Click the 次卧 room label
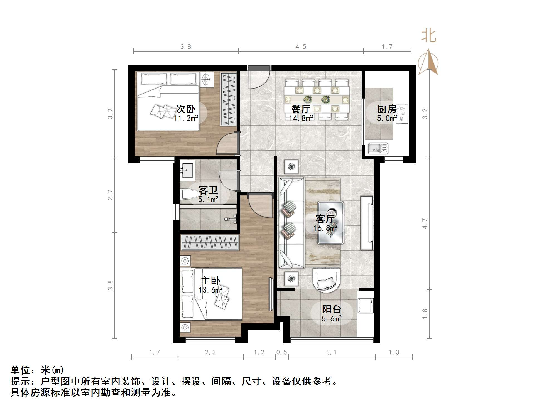pos(186,109)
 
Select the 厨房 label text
pos(387,109)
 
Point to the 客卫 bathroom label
pos(208,191)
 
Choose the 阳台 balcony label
pos(331,309)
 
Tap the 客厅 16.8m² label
pos(325,223)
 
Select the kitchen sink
pos(378,148)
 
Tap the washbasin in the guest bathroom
pos(187,170)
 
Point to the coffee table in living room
pos(331,223)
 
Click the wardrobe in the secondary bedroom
pos(228,99)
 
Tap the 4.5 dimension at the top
pos(301,47)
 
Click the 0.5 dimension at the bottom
pos(281,352)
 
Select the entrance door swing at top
pos(259,78)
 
